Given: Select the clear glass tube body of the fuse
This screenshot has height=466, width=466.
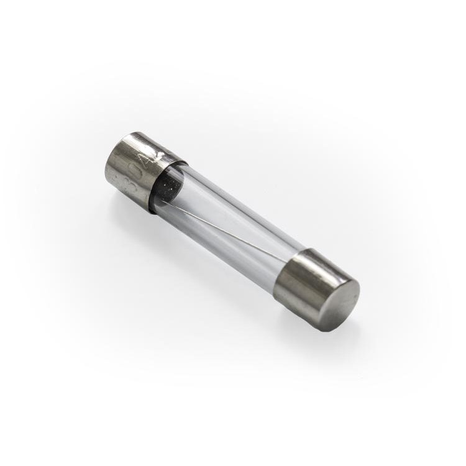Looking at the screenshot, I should (x=230, y=224).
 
